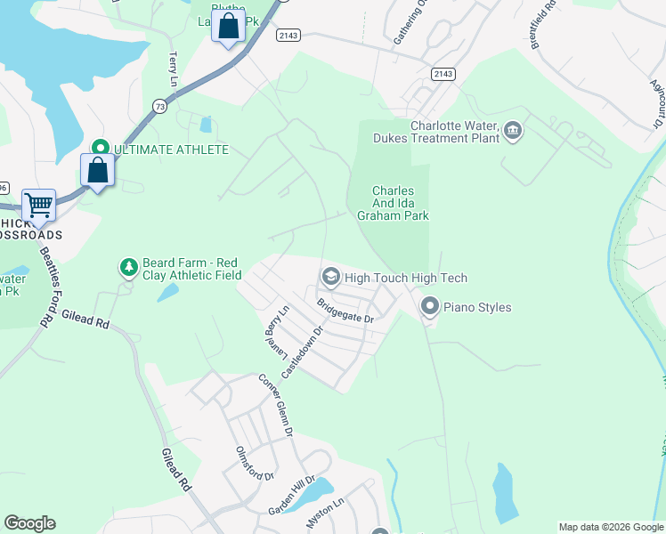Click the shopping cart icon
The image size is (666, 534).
[x=38, y=206]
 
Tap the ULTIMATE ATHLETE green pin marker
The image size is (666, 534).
[x=100, y=149]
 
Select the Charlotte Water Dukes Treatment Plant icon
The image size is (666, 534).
[x=513, y=132]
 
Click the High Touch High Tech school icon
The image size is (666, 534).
[x=330, y=278]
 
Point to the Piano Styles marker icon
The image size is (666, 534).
[x=430, y=307]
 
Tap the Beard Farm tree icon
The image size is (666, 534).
[x=129, y=266]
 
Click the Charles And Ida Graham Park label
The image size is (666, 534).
[x=400, y=203]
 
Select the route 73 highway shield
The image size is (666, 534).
[x=160, y=104]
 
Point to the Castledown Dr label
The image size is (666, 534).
[x=301, y=348]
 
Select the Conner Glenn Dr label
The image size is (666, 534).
[x=275, y=405]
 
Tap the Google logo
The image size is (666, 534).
[x=29, y=523]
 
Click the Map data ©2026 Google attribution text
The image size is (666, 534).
[x=610, y=527]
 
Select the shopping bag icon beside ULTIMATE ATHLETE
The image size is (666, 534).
[x=97, y=169]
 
